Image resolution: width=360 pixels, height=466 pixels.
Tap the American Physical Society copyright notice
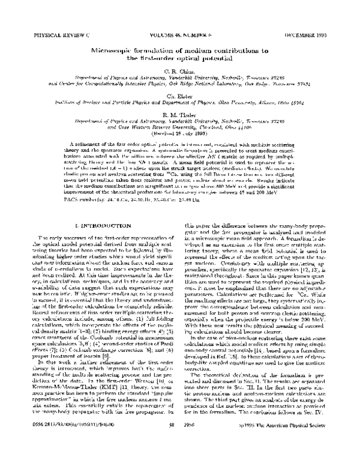tap(292, 457)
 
